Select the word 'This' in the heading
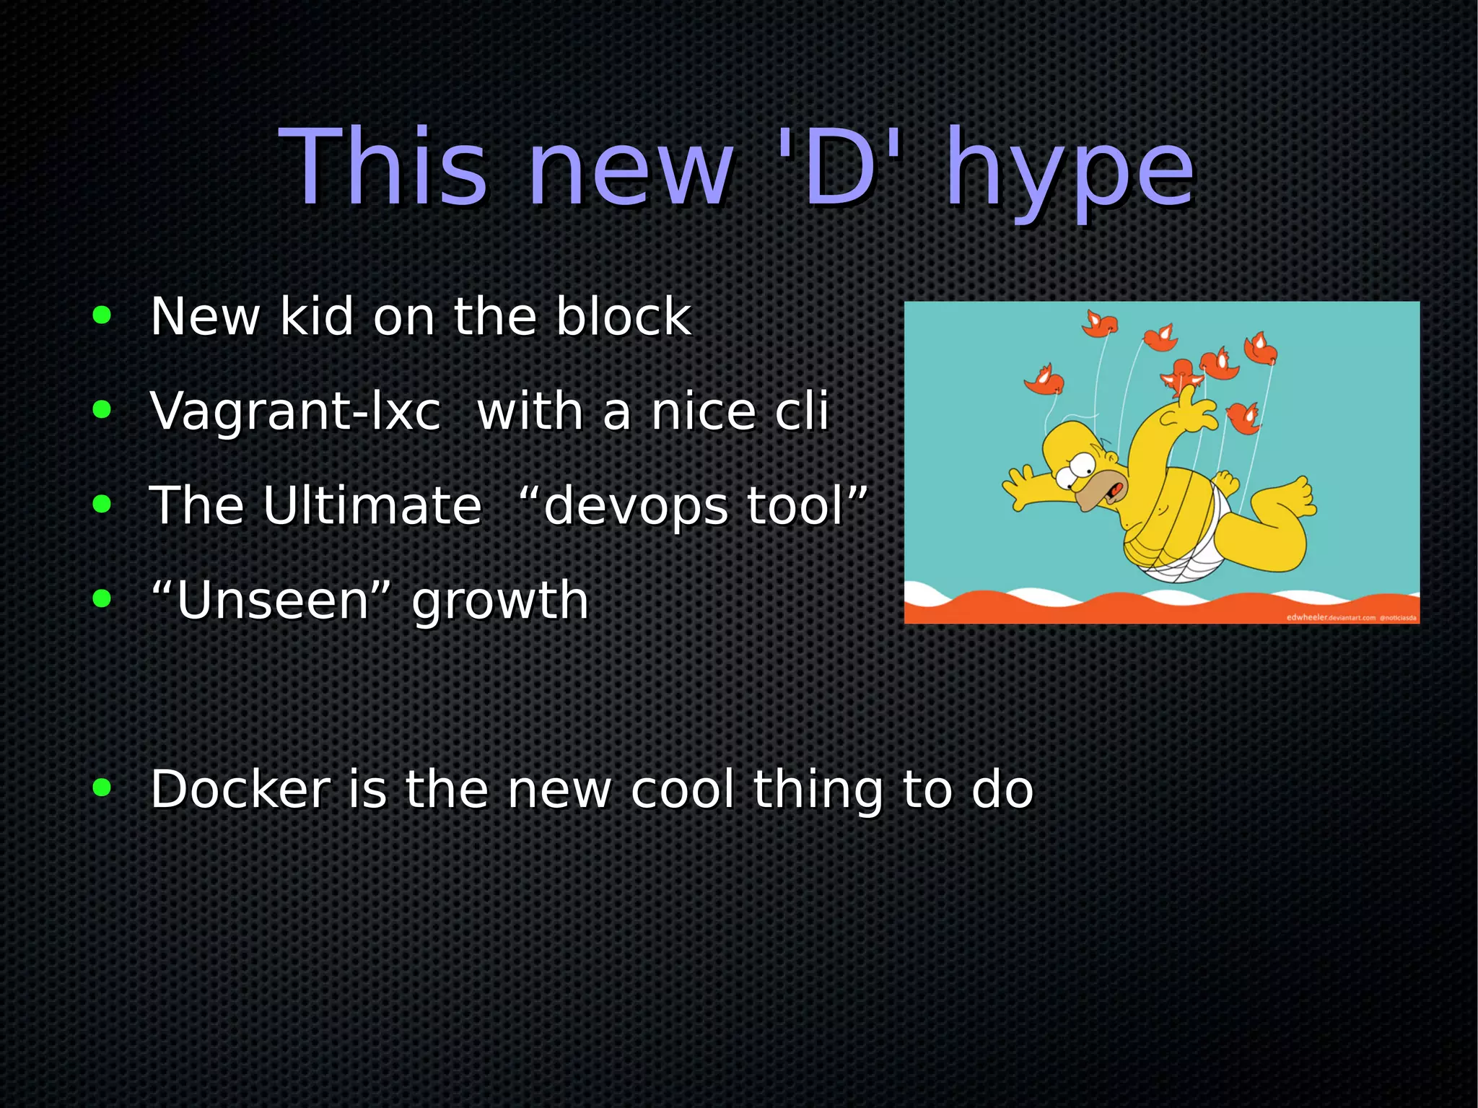383,167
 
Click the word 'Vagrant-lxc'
295,411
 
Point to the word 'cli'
801,411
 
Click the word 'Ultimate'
372,505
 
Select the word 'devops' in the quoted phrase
635,507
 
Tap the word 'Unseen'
273,600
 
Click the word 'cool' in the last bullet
682,789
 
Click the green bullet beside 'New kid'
102,315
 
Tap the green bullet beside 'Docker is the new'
102,788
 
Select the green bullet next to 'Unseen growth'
102,598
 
